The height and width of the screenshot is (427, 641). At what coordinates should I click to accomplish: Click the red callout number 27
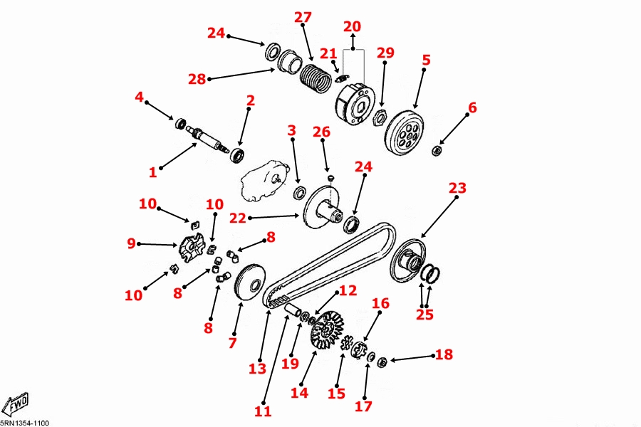(x=303, y=16)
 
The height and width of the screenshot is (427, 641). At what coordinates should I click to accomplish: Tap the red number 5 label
(x=426, y=60)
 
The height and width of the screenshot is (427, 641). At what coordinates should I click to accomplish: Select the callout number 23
(x=457, y=188)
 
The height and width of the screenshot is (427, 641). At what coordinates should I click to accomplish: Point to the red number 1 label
(x=152, y=172)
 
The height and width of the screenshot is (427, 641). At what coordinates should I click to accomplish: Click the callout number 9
(x=131, y=243)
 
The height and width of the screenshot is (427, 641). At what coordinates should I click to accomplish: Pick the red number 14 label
(x=299, y=392)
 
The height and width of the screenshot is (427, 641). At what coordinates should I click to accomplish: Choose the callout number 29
(x=385, y=53)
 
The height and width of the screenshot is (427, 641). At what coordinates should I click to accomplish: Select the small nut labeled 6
(x=437, y=149)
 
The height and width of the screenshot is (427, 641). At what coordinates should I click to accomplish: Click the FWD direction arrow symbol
(x=15, y=404)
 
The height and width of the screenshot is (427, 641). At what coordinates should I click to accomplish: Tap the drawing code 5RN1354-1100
(x=25, y=423)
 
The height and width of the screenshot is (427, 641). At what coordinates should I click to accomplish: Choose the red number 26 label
(x=322, y=132)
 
